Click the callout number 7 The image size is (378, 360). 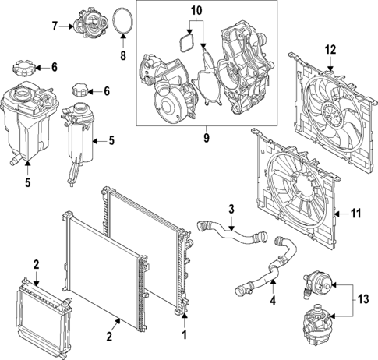coord(55,26)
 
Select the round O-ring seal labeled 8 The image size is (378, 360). coord(122,20)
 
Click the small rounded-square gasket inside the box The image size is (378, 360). coord(187,41)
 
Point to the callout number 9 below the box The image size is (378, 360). coord(207,138)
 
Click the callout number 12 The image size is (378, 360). coord(330,50)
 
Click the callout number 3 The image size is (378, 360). coord(231,208)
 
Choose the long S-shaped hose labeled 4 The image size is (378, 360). coord(269,269)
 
